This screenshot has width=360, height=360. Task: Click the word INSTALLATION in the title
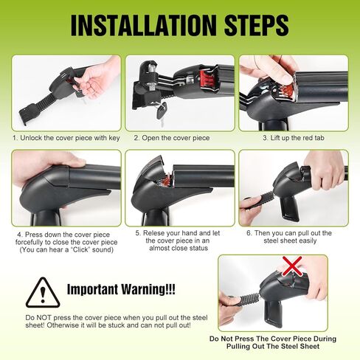[x=143, y=25]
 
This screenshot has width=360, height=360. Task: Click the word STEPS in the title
[x=257, y=25]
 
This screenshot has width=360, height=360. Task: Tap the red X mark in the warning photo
[x=292, y=266]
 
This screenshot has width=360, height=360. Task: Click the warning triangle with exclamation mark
[x=43, y=293]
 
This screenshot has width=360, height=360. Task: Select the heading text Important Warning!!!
[x=121, y=289]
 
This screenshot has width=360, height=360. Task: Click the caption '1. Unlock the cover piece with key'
[x=66, y=138]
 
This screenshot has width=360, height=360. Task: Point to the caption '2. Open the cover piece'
[x=172, y=138]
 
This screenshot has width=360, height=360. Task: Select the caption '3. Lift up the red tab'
[x=294, y=138]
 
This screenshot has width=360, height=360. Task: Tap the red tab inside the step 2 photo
[x=206, y=78]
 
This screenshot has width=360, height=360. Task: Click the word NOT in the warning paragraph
[x=44, y=318]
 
